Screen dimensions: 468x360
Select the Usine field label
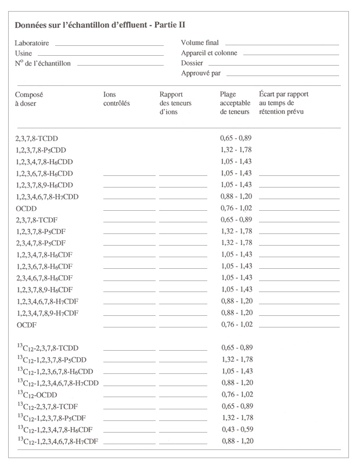(23, 53)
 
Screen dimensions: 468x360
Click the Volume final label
(200, 43)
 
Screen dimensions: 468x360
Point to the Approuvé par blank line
(282, 75)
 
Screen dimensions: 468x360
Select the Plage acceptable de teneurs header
(235, 103)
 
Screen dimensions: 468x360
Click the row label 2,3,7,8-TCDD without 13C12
(37, 139)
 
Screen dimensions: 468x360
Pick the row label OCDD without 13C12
(26, 208)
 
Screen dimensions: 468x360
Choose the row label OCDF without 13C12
(26, 325)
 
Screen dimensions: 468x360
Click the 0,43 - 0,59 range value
(236, 430)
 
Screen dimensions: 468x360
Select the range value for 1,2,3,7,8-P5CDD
(236, 150)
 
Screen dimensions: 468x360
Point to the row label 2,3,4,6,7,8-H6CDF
(44, 278)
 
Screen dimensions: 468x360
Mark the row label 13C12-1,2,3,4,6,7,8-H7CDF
(57, 441)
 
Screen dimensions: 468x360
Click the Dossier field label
(192, 63)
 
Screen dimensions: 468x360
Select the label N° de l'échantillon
(42, 63)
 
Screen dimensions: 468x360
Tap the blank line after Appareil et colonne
(291, 54)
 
